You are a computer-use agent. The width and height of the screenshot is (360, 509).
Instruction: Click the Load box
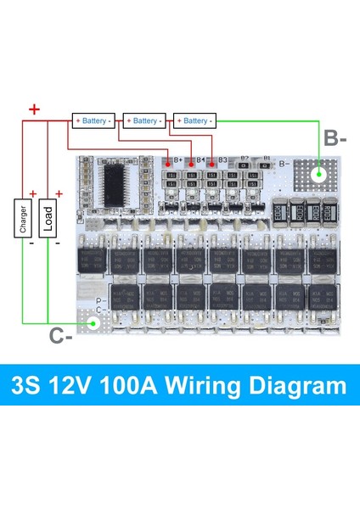tap(48, 218)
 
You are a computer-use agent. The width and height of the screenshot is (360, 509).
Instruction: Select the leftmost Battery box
tap(93, 120)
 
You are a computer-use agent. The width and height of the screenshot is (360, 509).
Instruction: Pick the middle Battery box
tap(143, 120)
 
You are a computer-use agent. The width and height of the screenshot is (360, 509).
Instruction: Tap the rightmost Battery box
tap(194, 120)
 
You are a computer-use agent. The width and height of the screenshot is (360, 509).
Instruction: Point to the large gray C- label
tap(59, 337)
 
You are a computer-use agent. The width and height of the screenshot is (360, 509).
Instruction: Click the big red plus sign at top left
tap(33, 109)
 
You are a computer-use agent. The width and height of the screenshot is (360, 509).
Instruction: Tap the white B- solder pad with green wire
tap(318, 175)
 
